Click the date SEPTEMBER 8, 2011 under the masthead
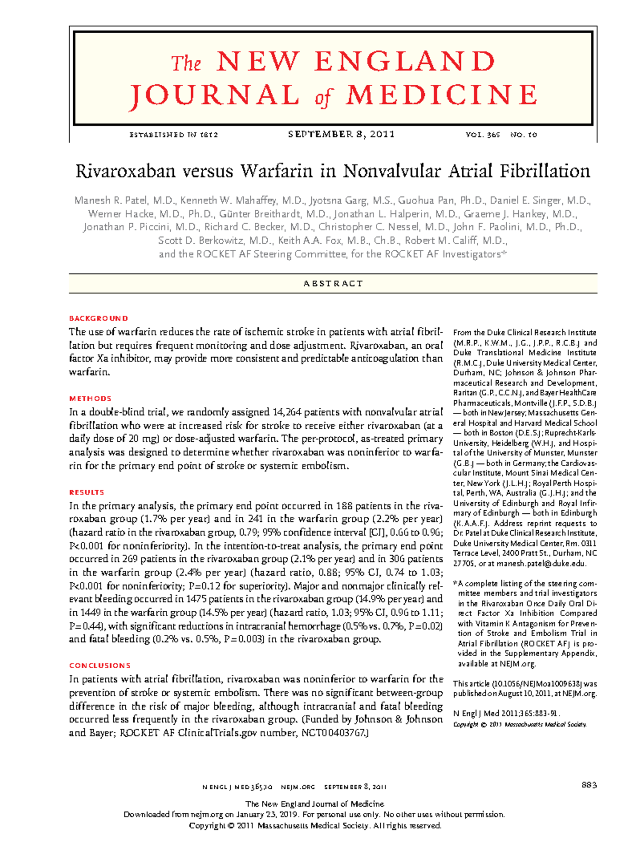(x=341, y=134)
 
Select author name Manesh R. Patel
(x=111, y=201)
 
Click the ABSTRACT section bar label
(x=333, y=283)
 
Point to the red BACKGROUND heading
(x=98, y=318)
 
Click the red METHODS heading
(x=90, y=399)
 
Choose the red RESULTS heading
(x=87, y=492)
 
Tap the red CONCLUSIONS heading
(x=100, y=666)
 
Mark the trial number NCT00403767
(x=332, y=733)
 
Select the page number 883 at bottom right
(x=589, y=785)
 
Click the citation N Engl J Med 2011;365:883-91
(x=506, y=714)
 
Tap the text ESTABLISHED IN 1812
(x=173, y=135)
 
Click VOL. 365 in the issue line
(x=482, y=135)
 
